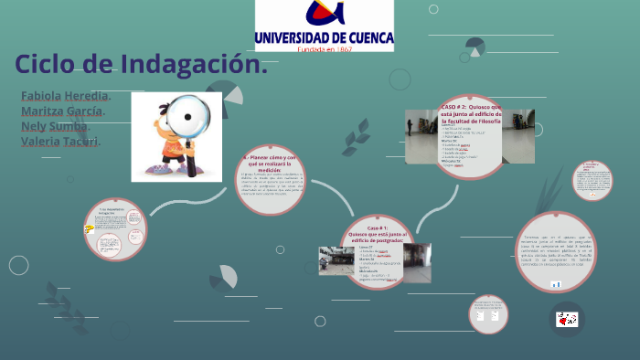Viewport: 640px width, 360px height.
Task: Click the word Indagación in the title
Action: [192, 65]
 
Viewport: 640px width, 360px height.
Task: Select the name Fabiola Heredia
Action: [65, 96]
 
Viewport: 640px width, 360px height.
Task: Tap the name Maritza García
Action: [62, 111]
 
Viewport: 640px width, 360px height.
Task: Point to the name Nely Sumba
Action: [54, 126]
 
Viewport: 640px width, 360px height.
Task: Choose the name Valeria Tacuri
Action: [60, 141]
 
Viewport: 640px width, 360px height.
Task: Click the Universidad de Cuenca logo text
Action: [325, 37]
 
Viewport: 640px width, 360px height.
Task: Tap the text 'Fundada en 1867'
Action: [325, 49]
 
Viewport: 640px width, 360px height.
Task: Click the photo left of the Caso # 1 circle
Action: [336, 260]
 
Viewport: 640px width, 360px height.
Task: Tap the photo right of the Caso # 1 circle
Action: [417, 262]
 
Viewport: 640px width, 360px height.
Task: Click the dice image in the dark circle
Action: [567, 319]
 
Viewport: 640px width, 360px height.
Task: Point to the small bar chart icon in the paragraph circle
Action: [556, 284]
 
